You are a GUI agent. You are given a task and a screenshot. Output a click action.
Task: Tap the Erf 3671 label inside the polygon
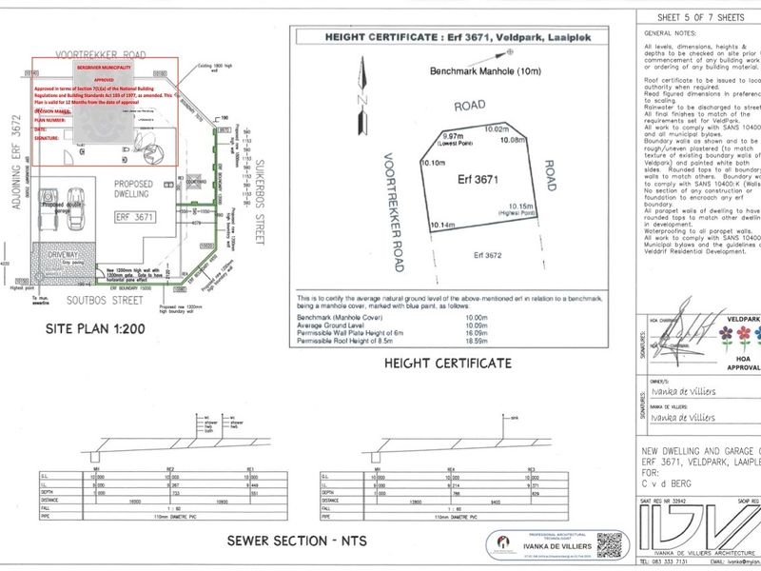click(x=479, y=178)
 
